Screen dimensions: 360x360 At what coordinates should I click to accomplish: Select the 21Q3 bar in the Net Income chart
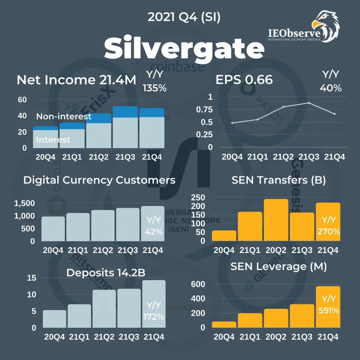[125, 127]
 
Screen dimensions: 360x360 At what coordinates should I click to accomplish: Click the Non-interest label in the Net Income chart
[64, 117]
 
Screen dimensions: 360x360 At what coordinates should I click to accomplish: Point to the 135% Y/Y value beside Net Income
[155, 88]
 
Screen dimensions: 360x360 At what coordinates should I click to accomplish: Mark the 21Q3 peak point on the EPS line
[309, 103]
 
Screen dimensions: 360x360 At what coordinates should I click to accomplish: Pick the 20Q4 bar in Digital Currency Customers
[53, 229]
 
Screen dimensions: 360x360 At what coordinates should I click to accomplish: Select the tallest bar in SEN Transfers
[276, 220]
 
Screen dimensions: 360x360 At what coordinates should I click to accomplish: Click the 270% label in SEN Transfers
[328, 232]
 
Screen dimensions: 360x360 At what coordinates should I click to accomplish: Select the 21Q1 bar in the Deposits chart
[79, 316]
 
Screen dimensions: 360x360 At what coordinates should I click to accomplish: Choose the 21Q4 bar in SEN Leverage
[328, 307]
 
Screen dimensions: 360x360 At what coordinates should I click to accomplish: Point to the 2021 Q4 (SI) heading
[184, 18]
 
